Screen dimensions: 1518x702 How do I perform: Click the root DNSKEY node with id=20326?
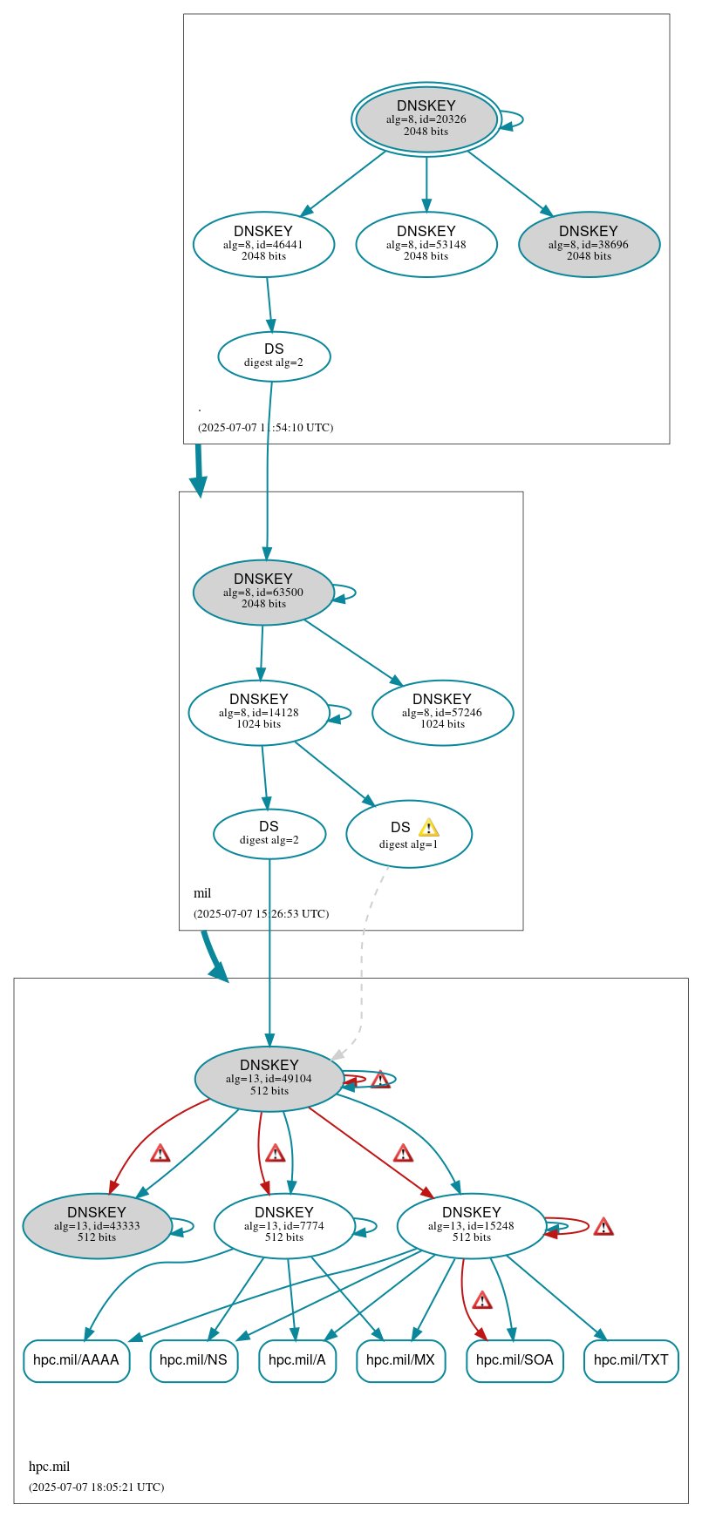pos(426,119)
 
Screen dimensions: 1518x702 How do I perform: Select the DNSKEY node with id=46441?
pos(263,244)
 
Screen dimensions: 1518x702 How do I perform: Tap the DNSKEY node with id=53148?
pos(426,244)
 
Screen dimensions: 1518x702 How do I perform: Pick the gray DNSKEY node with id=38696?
pos(589,244)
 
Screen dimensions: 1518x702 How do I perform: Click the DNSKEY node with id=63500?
pos(263,592)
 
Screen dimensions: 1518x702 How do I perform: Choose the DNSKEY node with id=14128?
pos(259,712)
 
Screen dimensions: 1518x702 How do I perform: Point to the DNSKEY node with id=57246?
pos(442,712)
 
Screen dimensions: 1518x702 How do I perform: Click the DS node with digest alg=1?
pos(408,834)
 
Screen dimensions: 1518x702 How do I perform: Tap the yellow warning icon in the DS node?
pos(428,827)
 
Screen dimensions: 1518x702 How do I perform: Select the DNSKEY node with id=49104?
pos(269,1078)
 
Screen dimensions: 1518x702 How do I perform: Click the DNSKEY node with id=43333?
pos(97,1225)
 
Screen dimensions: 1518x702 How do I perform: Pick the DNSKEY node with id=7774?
pos(284,1225)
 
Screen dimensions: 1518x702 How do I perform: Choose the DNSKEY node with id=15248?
pos(471,1225)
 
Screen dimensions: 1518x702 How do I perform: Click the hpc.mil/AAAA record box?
pos(77,1360)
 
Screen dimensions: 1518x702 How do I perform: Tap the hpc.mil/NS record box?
pos(194,1360)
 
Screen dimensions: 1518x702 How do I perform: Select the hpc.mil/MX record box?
pos(401,1360)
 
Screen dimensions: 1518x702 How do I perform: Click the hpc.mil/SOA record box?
pos(515,1360)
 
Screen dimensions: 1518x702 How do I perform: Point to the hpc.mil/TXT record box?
pos(630,1360)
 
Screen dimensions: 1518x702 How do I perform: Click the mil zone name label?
pos(202,893)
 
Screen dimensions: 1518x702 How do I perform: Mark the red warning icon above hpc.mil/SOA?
pos(482,1301)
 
